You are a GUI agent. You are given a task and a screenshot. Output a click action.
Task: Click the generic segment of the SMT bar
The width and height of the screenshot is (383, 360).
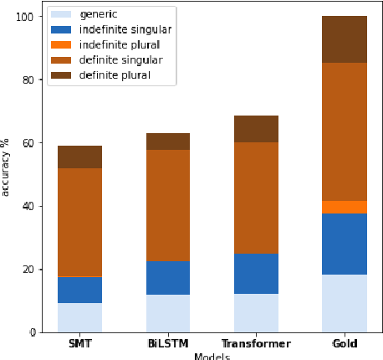[x=79, y=317]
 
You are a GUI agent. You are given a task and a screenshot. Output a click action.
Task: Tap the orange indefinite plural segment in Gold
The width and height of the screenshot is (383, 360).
[x=345, y=207]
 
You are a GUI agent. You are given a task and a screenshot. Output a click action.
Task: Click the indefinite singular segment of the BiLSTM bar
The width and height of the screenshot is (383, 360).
[x=167, y=277]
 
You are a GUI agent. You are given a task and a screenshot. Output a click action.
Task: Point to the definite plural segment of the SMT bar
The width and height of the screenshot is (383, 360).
[x=79, y=157]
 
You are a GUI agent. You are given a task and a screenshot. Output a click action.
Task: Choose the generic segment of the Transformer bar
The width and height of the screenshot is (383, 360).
[x=256, y=312]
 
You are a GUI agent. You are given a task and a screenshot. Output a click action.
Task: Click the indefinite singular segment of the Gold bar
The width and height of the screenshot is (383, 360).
[x=345, y=244]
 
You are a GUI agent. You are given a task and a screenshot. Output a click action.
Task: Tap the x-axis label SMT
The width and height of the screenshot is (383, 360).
[x=79, y=344]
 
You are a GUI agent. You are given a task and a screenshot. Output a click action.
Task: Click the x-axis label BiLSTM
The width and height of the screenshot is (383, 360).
[x=167, y=344]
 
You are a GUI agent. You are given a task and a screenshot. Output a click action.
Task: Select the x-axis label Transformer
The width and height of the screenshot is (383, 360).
[x=256, y=344]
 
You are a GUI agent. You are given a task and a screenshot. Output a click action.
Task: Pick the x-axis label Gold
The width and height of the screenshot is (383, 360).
[x=345, y=344]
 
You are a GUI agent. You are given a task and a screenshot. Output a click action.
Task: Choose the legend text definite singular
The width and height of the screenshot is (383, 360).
[x=120, y=60]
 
